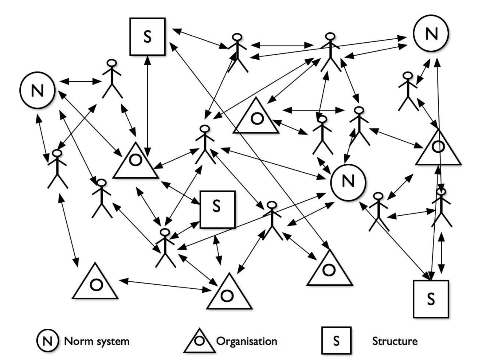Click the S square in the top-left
[x=147, y=37]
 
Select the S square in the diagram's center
[x=218, y=209]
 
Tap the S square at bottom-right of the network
[x=431, y=299]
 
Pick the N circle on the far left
[x=37, y=90]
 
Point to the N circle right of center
[x=348, y=182]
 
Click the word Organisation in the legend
[x=247, y=341]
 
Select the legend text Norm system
[x=97, y=341]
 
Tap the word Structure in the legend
[x=395, y=341]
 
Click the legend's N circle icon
[x=47, y=341]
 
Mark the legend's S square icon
[x=336, y=340]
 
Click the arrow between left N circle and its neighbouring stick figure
[x=80, y=82]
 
